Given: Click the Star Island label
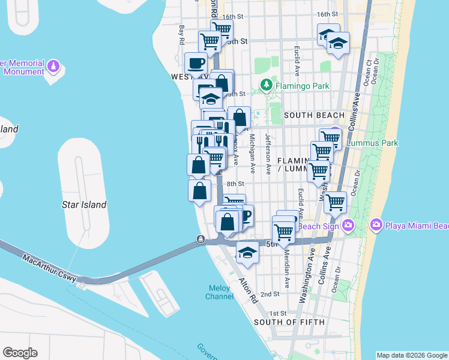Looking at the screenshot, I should point(84,205).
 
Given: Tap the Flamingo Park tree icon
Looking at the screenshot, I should point(265,86).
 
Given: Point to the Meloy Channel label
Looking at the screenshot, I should point(220,292).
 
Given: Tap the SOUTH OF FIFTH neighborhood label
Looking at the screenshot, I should point(289,322).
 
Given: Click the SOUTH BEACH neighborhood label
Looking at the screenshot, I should point(314,115).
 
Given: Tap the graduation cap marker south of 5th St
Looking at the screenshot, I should point(247,253).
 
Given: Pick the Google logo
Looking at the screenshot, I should point(20,353).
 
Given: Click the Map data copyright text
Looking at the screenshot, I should point(412,355).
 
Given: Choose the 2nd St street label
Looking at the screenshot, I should point(271,294).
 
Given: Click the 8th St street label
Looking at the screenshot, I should point(236,184).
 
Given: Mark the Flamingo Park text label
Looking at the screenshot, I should point(303,86).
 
